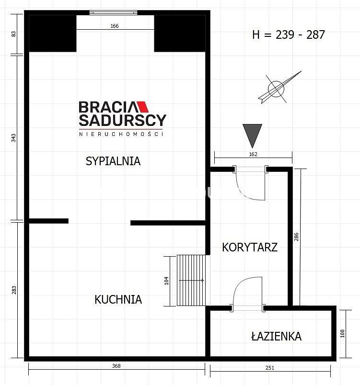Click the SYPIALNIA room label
click(x=113, y=161)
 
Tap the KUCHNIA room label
click(x=118, y=299)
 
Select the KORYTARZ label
click(x=250, y=247)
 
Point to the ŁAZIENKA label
click(x=276, y=336)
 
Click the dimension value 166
click(x=115, y=26)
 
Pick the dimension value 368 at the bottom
click(x=116, y=366)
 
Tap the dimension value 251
click(x=269, y=368)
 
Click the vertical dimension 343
click(x=13, y=138)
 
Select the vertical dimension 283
click(x=14, y=290)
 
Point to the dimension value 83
click(x=13, y=34)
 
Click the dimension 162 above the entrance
click(x=253, y=154)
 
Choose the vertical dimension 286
click(x=296, y=237)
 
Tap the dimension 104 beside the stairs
click(x=166, y=281)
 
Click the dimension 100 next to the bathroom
click(x=342, y=333)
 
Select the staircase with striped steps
click(x=191, y=280)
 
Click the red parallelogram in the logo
click(x=143, y=107)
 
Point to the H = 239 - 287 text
click(x=289, y=34)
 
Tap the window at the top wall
click(x=113, y=12)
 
